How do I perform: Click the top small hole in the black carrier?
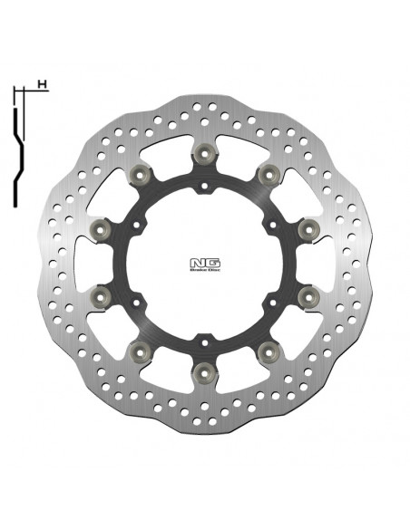coord(205,188)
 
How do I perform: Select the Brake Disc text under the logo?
coord(204,269)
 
